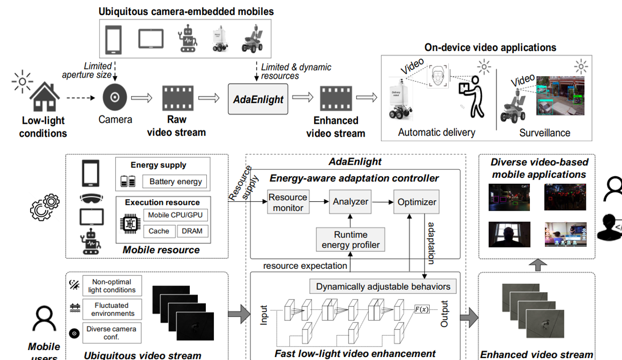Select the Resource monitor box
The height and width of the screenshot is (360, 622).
[287, 202]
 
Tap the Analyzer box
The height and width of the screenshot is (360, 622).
[351, 202]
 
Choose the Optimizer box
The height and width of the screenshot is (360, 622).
[416, 202]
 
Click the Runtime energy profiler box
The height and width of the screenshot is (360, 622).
[351, 239]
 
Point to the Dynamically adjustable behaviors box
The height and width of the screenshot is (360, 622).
[383, 287]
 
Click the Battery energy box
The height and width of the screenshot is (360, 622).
[175, 181]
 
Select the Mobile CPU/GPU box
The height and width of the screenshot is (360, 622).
[175, 215]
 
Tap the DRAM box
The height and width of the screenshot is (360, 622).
[192, 231]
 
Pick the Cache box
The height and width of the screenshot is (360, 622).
[159, 231]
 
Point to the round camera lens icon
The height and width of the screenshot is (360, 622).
[115, 98]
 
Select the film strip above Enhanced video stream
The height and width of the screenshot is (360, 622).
[336, 98]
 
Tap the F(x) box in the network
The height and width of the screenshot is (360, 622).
[422, 309]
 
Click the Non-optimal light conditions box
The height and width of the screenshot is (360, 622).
[112, 286]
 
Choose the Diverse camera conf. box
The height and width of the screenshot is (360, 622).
[112, 333]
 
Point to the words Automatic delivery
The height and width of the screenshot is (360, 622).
[436, 133]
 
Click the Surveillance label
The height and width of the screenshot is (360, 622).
[544, 133]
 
